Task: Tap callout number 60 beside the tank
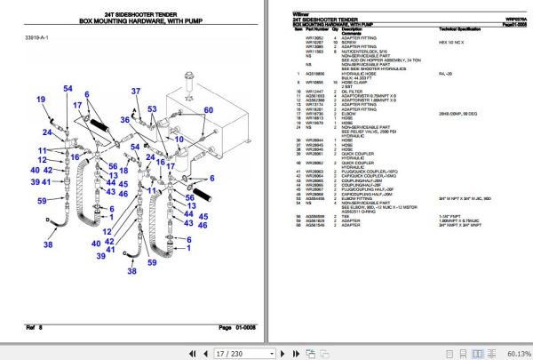(x=210, y=109)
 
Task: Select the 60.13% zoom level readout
(x=518, y=351)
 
